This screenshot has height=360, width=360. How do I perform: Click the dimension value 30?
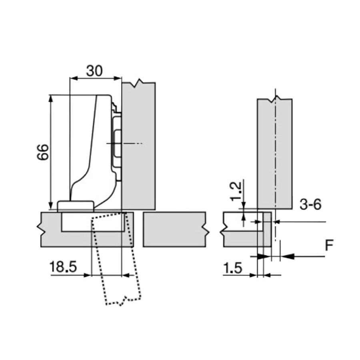coord(94,71)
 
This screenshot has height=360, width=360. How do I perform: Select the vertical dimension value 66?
coord(43,152)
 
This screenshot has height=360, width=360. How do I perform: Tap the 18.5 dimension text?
coord(63,267)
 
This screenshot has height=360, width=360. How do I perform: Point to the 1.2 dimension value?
coord(236,192)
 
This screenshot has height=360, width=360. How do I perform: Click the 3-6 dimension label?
coord(310,204)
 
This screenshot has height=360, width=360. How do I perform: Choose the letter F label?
coord(330,245)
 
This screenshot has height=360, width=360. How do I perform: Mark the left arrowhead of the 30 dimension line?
coord(74,78)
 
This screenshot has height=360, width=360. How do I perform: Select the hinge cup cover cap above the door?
coord(76,206)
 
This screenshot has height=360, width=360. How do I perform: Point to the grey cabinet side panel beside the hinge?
coord(138,146)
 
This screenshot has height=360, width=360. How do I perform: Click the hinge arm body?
coord(92,149)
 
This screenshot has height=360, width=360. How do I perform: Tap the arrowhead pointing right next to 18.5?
coord(88,275)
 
